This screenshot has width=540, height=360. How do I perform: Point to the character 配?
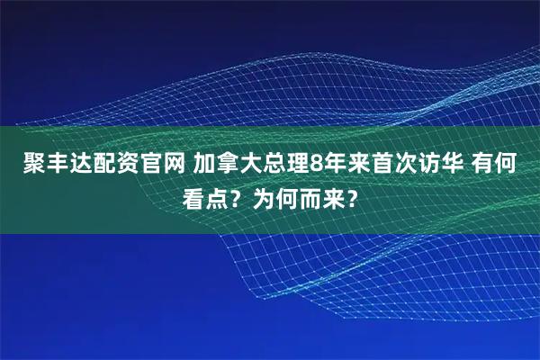[92, 165]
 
